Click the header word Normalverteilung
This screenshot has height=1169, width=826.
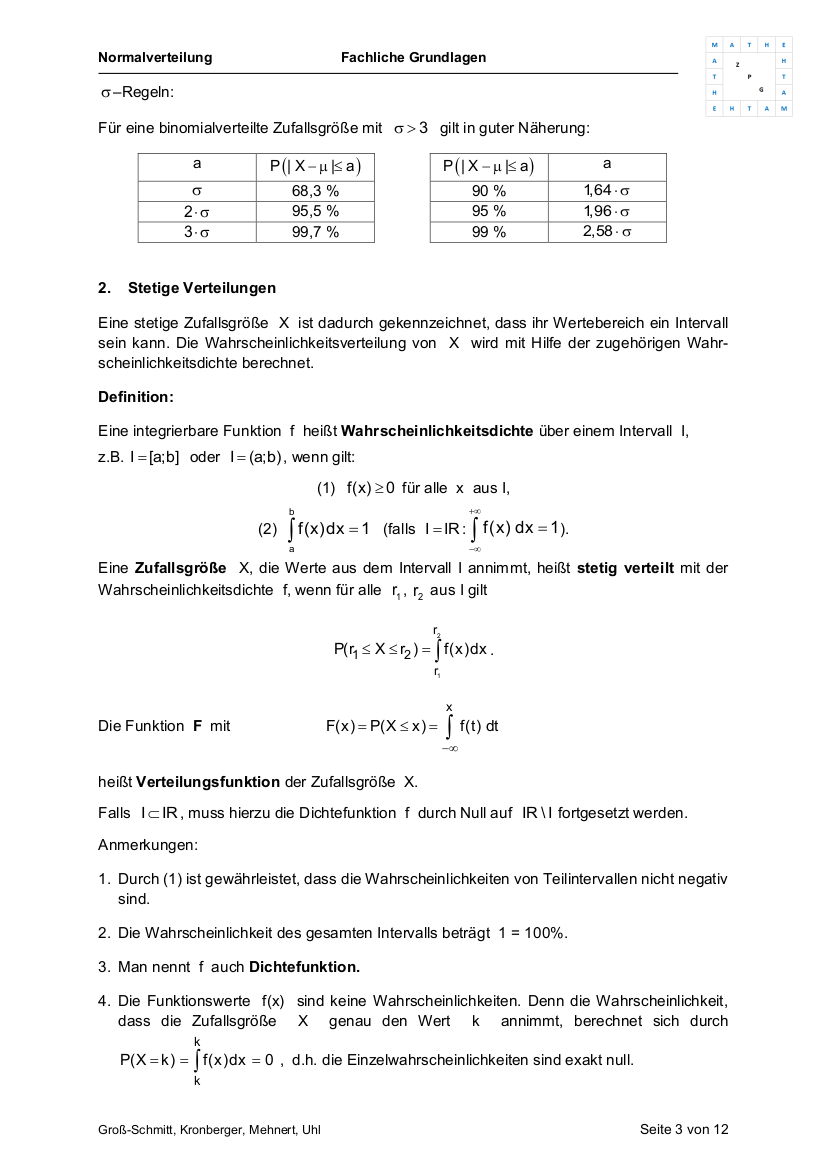(x=155, y=58)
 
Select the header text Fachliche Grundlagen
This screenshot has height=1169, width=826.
(x=413, y=58)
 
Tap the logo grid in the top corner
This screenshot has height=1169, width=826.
(x=749, y=77)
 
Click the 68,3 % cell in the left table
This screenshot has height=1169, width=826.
(x=315, y=190)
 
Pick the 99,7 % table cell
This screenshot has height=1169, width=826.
(x=315, y=232)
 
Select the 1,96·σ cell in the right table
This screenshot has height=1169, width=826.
(x=607, y=211)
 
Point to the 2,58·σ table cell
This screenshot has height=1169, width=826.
(x=607, y=232)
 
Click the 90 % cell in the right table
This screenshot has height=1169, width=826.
(x=489, y=190)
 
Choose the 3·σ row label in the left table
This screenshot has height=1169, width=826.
(x=197, y=232)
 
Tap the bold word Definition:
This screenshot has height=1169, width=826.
(x=136, y=397)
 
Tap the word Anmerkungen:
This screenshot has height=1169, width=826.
(x=148, y=845)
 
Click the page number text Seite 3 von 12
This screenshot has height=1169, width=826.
(x=684, y=1129)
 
